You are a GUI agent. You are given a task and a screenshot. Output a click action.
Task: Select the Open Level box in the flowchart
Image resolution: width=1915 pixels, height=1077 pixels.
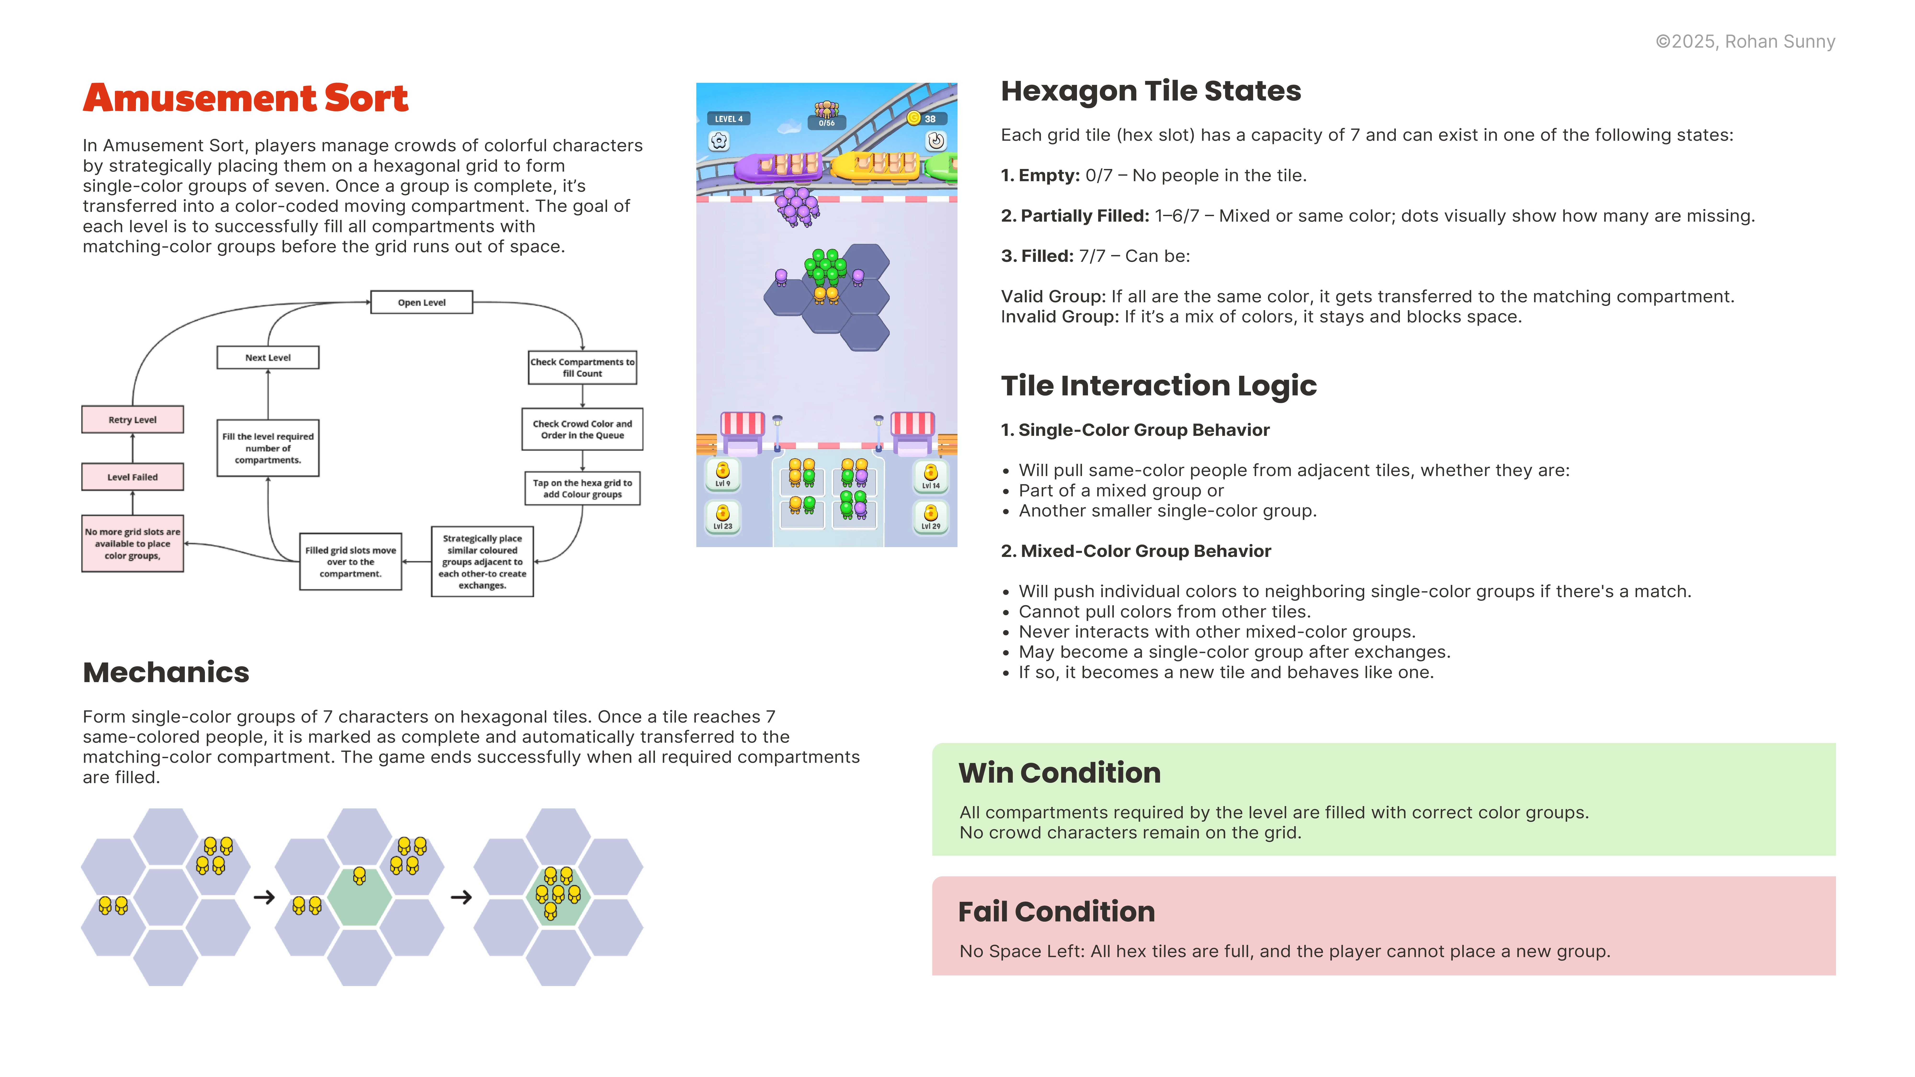422,303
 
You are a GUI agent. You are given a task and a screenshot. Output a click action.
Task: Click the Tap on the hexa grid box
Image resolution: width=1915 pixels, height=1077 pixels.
582,488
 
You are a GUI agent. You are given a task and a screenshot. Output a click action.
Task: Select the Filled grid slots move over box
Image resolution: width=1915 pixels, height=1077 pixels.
350,562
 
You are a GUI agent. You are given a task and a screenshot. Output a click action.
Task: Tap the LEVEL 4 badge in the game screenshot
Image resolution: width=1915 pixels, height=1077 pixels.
728,119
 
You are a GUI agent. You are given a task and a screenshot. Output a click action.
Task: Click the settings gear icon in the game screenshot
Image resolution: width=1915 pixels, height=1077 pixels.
719,140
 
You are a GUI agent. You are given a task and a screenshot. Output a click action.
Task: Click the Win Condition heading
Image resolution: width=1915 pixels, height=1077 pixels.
1059,773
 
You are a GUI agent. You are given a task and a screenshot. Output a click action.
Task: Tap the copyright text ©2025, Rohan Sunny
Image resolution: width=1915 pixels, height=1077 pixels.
1745,42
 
